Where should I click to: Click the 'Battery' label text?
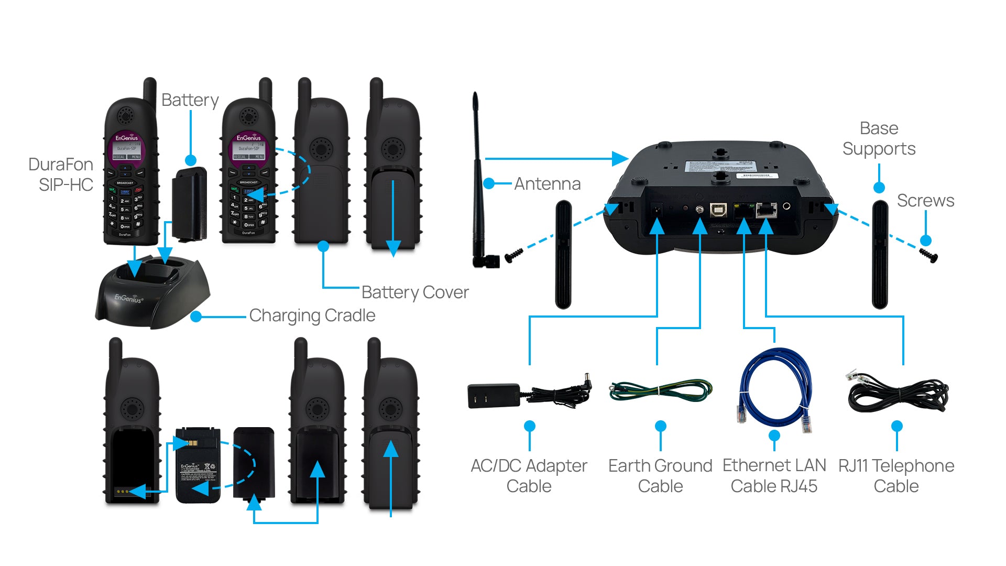[190, 100]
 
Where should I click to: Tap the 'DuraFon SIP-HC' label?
[61, 175]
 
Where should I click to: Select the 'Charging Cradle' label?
[312, 315]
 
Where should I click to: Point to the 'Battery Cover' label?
[415, 292]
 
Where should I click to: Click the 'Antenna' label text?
[547, 184]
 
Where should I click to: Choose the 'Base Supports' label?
[879, 139]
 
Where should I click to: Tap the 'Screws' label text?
[925, 201]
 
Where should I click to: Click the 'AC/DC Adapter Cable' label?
[529, 476]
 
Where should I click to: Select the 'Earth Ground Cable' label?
[660, 476]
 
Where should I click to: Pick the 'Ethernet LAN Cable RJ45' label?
[774, 476]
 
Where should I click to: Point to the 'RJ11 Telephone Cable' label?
[896, 476]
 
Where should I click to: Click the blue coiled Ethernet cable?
[774, 388]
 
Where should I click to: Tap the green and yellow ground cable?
[660, 391]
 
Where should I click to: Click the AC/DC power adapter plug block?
[493, 396]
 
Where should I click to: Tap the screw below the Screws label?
[929, 256]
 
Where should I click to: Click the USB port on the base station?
[718, 210]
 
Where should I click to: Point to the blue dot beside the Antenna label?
[489, 183]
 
